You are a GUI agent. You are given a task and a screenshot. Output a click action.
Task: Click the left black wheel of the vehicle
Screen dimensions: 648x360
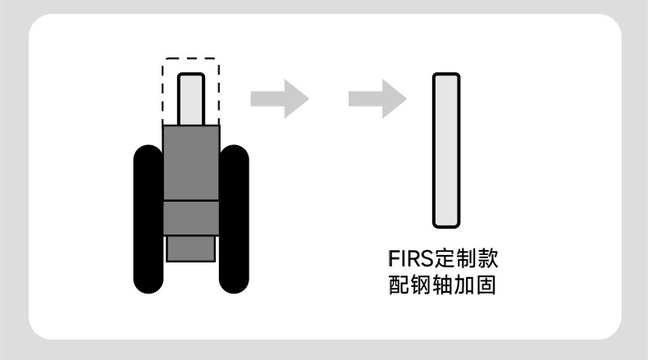(x=148, y=219)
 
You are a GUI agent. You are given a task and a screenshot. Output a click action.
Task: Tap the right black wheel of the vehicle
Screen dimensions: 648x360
(x=235, y=219)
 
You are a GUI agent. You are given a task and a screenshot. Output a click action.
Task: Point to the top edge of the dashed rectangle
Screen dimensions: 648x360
(x=190, y=59)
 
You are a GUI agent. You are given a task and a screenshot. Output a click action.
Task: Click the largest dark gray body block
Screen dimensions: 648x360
(x=191, y=163)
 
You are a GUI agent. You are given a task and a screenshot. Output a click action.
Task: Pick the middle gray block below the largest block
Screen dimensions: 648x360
(x=191, y=218)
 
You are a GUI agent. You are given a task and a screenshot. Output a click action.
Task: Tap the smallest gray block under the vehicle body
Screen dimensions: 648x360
(x=191, y=248)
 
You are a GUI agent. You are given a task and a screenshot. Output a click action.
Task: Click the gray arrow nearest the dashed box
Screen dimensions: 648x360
(x=279, y=99)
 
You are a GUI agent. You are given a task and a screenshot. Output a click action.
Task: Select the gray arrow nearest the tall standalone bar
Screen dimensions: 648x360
(x=377, y=99)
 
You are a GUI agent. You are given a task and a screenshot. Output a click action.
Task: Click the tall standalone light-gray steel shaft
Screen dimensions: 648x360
(x=446, y=150)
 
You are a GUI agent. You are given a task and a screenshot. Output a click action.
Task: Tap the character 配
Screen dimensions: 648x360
(x=397, y=286)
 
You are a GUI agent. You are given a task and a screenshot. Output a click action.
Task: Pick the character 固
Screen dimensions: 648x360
(x=487, y=286)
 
